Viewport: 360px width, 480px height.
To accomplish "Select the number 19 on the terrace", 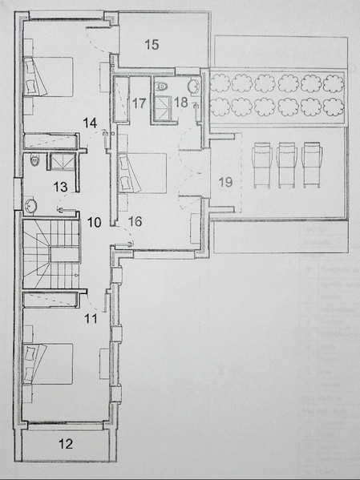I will pos(225,182).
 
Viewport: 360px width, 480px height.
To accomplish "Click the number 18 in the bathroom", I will pos(181,102).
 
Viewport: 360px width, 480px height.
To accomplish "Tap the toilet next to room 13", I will pos(33,160).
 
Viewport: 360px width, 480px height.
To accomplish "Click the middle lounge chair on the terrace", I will pos(286,163).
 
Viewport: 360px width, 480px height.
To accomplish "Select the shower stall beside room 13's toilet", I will pos(60,161).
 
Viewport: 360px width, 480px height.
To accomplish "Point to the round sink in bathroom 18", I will pos(193,87).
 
